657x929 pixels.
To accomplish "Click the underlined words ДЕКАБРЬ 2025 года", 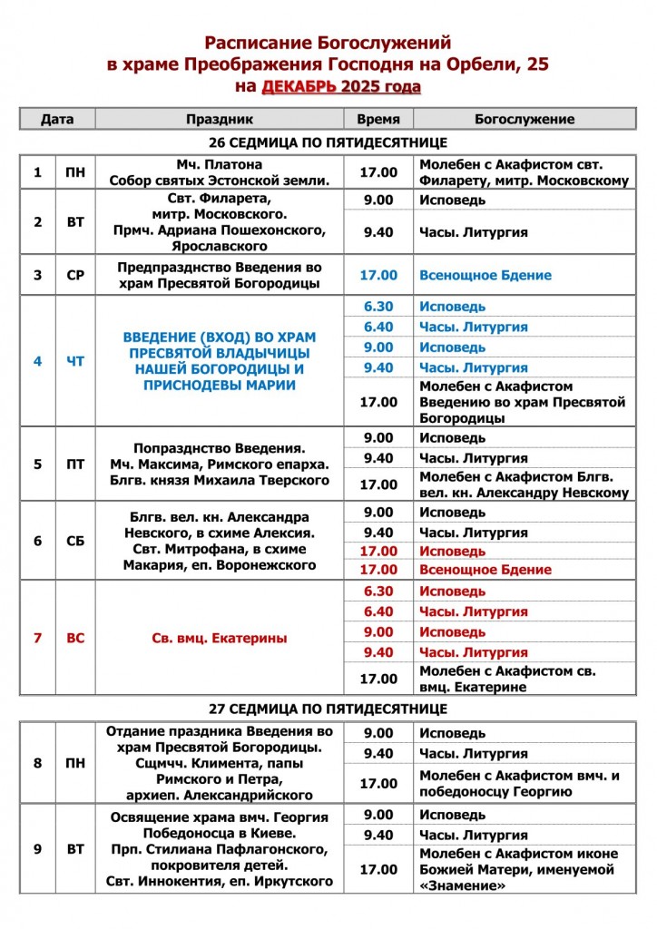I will tap(341, 87).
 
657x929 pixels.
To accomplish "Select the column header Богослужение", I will tap(524, 119).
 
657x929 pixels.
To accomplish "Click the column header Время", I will tap(378, 119).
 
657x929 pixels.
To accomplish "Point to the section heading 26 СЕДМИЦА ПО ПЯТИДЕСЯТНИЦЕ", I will tap(328, 143).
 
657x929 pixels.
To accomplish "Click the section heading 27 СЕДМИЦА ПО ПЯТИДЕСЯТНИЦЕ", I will tap(328, 708).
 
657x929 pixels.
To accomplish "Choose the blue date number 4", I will tap(38, 361).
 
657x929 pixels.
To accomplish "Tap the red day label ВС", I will tap(75, 638).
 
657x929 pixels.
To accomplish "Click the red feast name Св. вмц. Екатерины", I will tap(219, 638).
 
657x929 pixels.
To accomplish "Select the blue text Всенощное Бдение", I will tap(485, 275).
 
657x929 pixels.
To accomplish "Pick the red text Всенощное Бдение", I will tap(485, 570).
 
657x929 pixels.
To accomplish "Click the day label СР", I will tap(75, 275).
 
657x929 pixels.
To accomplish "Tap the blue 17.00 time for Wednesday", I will tap(378, 275).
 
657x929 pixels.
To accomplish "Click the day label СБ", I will tap(75, 541).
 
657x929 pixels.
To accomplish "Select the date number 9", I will tap(38, 849).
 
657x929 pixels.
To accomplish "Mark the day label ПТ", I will tap(75, 464).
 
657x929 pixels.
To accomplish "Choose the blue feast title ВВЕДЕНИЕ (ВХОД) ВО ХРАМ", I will tap(219, 337).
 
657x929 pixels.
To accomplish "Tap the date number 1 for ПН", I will tap(38, 172).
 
